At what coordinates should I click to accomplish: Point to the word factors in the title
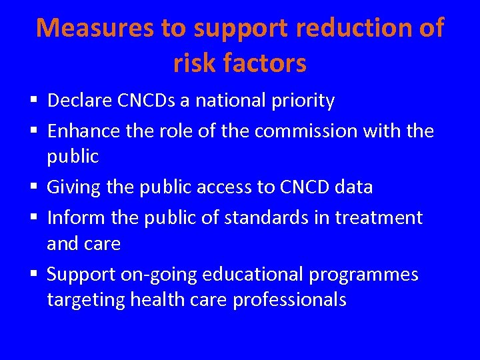pos(267,63)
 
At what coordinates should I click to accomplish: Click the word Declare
pos(77,101)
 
